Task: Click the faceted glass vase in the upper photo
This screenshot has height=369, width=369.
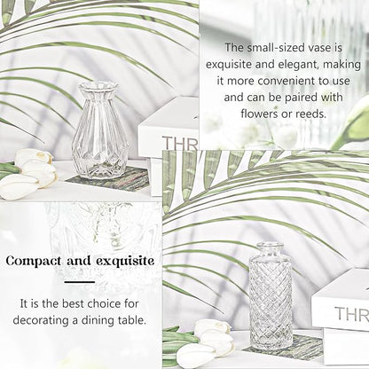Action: coord(100,130)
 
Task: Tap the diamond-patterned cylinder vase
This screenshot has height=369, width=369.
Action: coord(271,296)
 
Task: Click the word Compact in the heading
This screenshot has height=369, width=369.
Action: coord(34,261)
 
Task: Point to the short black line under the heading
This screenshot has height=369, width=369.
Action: coord(80,282)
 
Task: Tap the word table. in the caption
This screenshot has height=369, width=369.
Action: coord(132,320)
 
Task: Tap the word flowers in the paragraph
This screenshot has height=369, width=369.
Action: coord(259,114)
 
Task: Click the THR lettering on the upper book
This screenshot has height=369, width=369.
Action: coord(180,143)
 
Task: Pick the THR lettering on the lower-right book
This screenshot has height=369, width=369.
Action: coord(351,314)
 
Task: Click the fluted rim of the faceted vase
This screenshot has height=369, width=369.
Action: coord(98,87)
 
